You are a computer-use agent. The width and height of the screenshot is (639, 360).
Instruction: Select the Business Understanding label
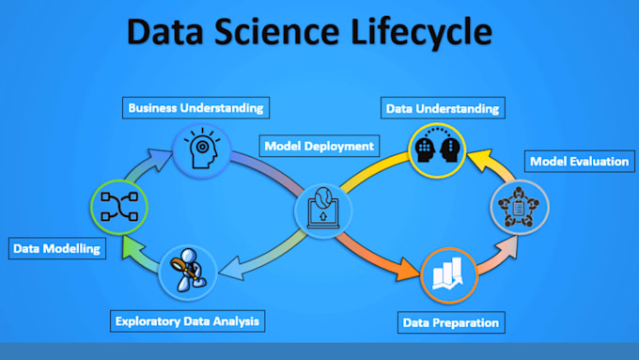click(x=195, y=107)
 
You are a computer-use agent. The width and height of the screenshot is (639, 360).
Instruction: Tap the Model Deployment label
click(x=319, y=146)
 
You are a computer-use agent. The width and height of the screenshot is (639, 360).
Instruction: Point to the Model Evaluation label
click(x=579, y=162)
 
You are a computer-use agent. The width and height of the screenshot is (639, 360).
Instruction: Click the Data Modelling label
click(x=55, y=249)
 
